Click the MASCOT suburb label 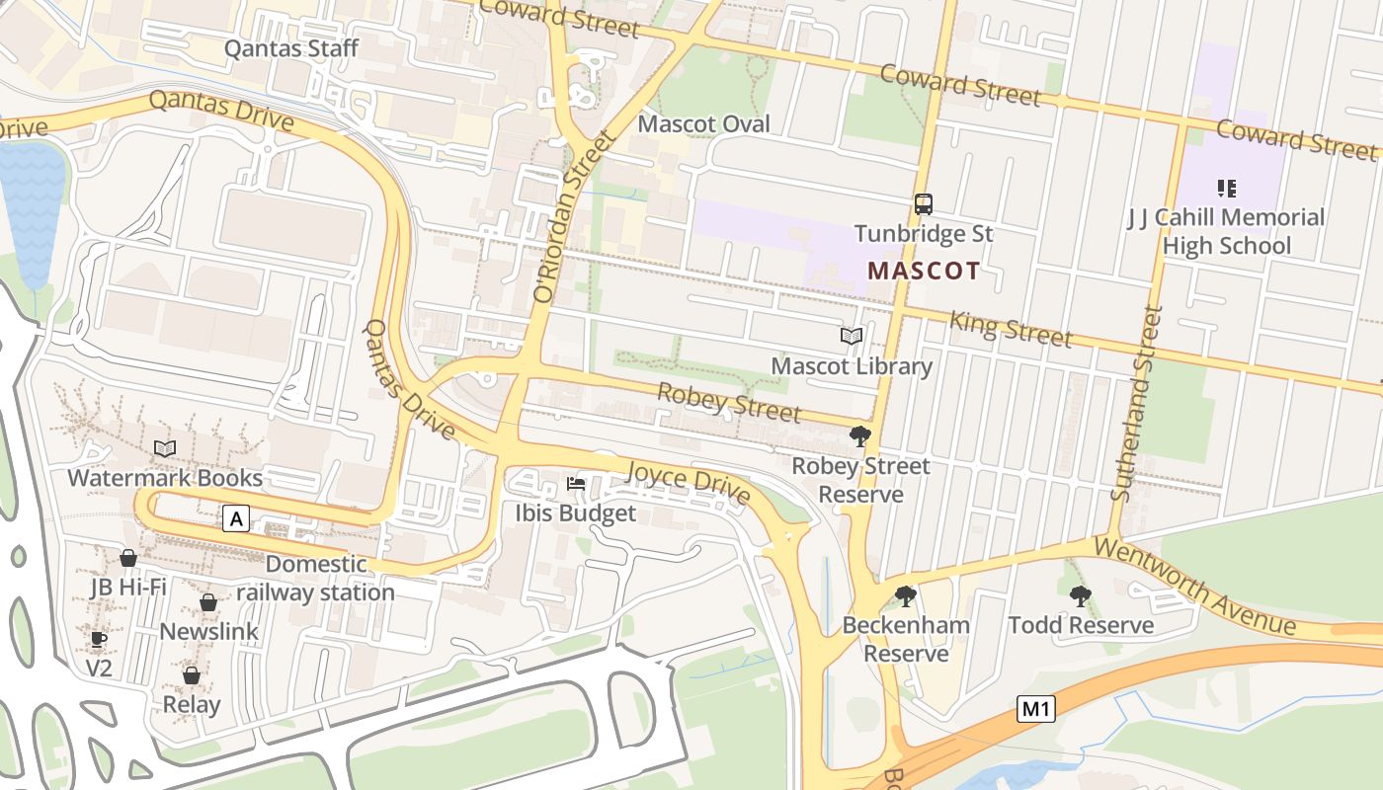924,271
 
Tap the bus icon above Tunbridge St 924,204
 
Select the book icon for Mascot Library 852,337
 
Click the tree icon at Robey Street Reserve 860,436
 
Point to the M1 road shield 1035,708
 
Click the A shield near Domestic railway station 235,518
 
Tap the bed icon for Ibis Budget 576,484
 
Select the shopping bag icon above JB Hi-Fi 127,558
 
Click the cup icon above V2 98,639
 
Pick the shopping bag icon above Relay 192,675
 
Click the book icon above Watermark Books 165,449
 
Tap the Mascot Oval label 703,124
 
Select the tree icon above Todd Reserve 1080,595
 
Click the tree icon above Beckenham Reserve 905,595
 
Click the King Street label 1010,329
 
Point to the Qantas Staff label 291,48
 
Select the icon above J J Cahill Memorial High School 1227,188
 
